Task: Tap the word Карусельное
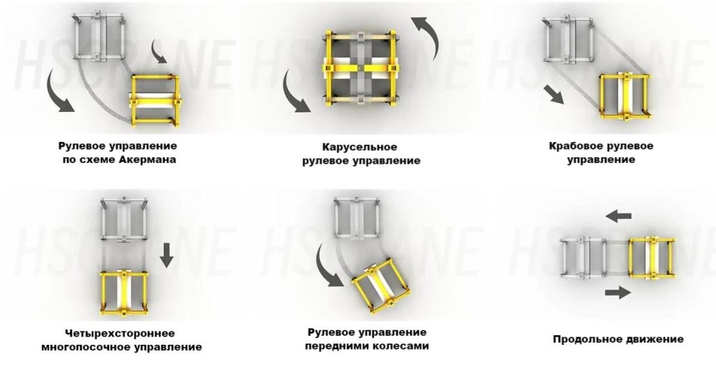(360, 148)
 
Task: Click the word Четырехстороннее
(120, 334)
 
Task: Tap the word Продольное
(585, 339)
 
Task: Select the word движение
(653, 339)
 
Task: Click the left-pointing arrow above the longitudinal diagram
(619, 216)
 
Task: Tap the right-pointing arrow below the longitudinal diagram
(618, 292)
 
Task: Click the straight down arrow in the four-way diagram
(166, 255)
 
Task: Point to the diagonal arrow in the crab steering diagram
(554, 94)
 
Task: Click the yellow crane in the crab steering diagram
(624, 97)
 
